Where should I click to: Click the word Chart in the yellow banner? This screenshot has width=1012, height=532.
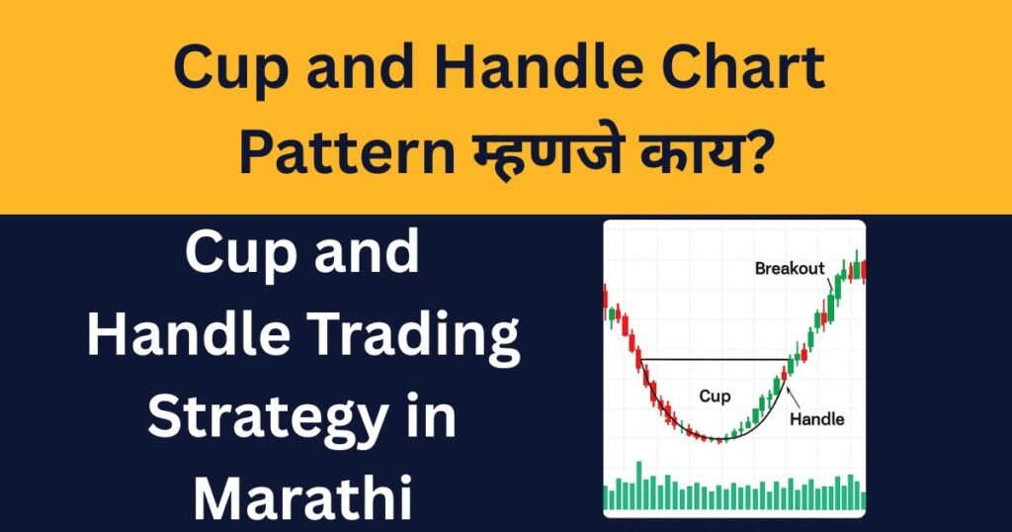742,71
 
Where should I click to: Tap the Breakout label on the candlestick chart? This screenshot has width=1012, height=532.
789,268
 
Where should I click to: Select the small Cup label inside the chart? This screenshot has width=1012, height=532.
715,397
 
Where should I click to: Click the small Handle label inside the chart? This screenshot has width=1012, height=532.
817,418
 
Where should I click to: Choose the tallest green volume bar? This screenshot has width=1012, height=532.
638,486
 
